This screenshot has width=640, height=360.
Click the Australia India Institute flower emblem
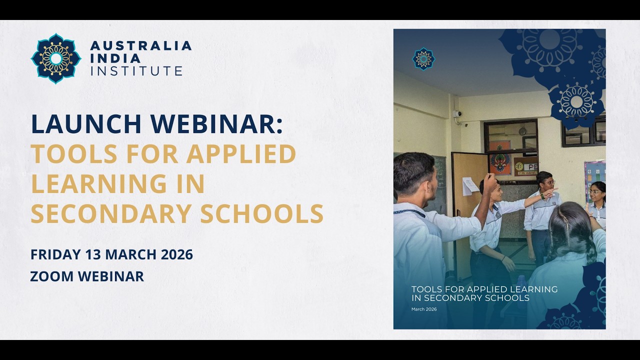[x=56, y=58]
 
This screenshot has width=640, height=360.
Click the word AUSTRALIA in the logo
[x=141, y=46]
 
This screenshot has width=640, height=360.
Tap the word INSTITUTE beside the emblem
[x=136, y=71]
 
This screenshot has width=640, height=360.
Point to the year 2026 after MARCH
[x=176, y=254]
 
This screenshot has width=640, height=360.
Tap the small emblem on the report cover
[x=423, y=58]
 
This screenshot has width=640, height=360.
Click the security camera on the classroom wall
[x=457, y=114]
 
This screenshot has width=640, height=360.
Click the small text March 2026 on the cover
[x=424, y=309]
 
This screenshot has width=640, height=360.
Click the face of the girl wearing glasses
[x=595, y=193]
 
